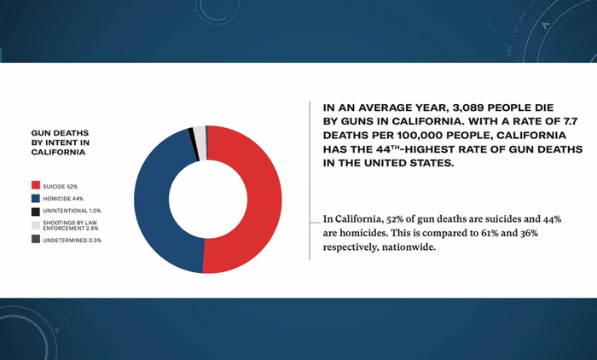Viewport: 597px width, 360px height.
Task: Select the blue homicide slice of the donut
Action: tap(153, 198)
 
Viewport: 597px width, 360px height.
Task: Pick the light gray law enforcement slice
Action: tap(200, 142)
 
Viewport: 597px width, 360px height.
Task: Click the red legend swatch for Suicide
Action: tap(36, 185)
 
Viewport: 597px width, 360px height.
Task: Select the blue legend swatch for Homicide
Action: tap(36, 198)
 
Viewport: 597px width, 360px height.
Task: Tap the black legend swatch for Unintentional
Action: tap(36, 212)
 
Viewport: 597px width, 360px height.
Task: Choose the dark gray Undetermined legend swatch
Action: tap(36, 239)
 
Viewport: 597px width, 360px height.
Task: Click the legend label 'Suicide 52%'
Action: tap(61, 187)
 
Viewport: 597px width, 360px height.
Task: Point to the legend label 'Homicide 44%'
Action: tap(63, 199)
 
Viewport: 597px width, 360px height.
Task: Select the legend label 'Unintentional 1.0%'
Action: tap(72, 211)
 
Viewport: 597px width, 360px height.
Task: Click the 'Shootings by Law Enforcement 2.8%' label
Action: tap(71, 225)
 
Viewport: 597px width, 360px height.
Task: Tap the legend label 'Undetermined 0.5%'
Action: tap(72, 241)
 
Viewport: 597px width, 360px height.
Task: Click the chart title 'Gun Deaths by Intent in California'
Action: tap(61, 142)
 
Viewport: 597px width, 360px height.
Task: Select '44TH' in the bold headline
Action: tap(385, 149)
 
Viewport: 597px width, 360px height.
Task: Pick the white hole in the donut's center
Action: tap(208, 200)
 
